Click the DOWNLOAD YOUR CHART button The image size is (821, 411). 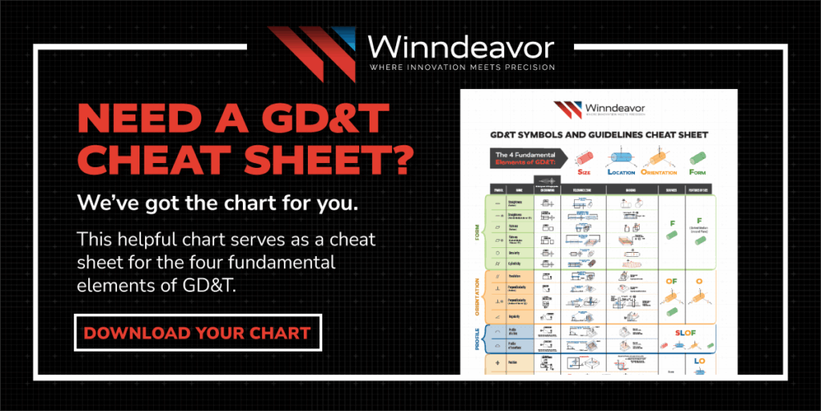pos(197,332)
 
